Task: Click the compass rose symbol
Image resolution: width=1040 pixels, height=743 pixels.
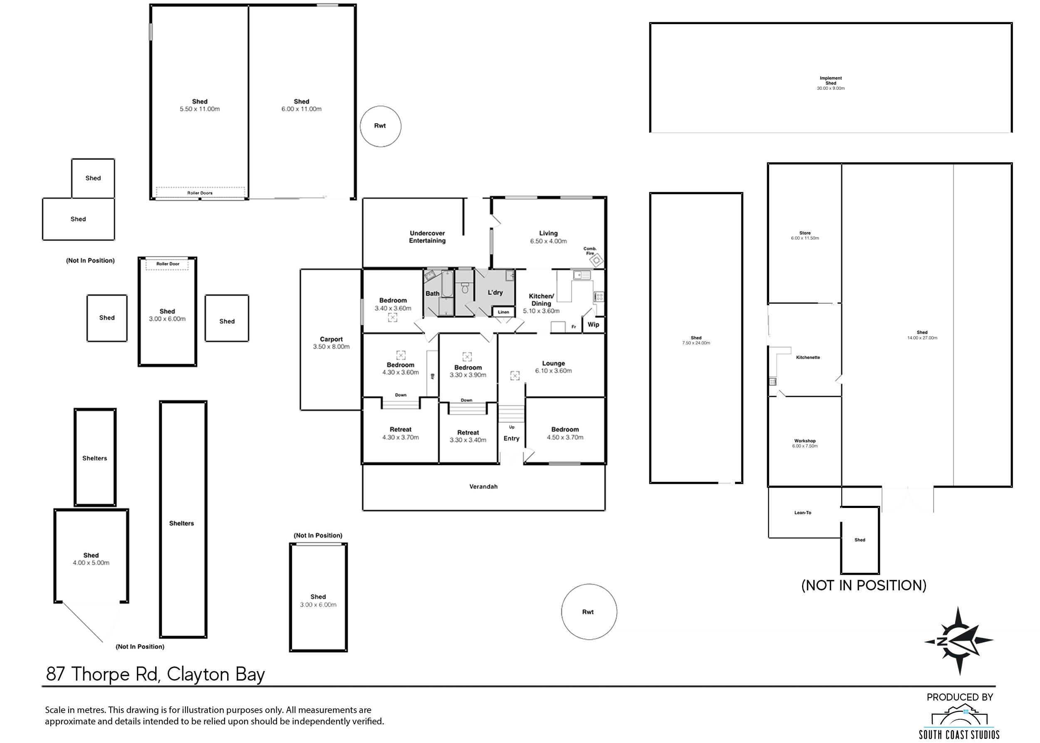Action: click(958, 641)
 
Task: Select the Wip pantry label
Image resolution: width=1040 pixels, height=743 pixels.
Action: click(593, 324)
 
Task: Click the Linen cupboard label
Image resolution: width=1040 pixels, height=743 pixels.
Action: click(503, 312)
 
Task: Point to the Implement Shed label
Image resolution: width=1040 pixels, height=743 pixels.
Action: click(830, 83)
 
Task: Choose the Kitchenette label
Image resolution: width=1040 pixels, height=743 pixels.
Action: click(807, 357)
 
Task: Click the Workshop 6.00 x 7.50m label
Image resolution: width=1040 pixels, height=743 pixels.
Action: click(805, 443)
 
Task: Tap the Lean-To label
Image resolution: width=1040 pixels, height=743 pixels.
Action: click(802, 513)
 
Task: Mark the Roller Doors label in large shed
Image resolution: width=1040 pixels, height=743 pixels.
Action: click(200, 193)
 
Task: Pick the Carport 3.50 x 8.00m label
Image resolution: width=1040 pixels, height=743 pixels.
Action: click(331, 343)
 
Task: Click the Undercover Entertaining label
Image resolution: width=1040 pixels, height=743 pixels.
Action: click(427, 237)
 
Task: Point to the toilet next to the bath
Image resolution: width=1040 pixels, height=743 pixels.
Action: click(465, 288)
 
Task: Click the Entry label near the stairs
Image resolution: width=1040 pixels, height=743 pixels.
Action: click(511, 438)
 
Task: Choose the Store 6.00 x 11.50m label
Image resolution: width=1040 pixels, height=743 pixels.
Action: click(805, 235)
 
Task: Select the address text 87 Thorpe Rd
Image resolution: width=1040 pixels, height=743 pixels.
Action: click(155, 674)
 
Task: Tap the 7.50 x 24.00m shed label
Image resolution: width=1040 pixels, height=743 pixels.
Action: click(696, 340)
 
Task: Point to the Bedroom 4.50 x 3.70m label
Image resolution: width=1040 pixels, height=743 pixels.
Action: click(565, 433)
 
